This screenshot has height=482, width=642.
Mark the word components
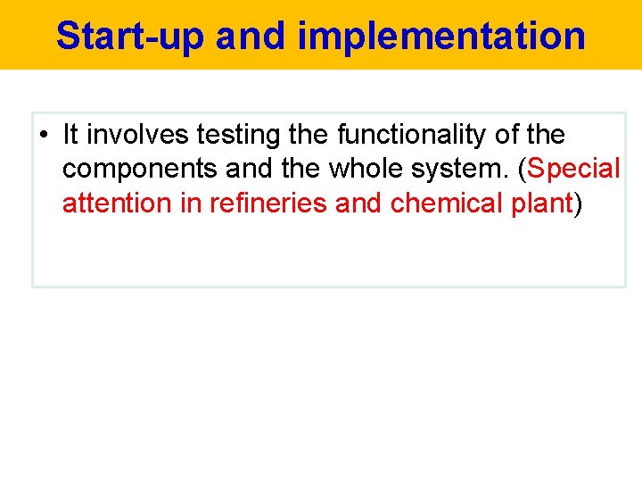[x=136, y=170]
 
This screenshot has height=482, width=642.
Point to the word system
[x=458, y=170]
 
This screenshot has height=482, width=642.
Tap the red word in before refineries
[x=191, y=203]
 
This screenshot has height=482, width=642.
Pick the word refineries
[x=268, y=203]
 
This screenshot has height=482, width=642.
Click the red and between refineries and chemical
[x=359, y=203]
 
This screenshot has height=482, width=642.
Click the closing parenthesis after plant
[x=578, y=204]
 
